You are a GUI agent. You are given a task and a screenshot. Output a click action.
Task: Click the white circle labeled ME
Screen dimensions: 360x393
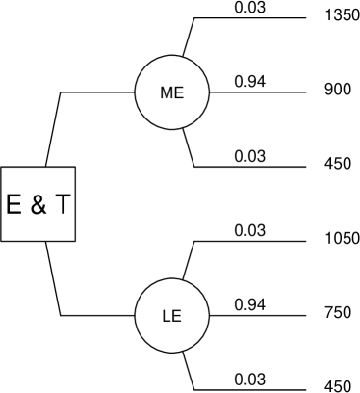[172, 92]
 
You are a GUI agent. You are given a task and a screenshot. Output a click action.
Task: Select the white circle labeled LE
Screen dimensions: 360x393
[172, 316]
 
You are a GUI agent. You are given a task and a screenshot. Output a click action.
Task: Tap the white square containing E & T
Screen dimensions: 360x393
[38, 204]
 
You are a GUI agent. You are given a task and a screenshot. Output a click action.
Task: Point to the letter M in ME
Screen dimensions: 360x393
[167, 93]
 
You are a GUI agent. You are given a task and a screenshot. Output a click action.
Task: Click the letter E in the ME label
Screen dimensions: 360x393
[178, 93]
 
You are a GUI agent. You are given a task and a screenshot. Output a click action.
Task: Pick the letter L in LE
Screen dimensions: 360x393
[167, 316]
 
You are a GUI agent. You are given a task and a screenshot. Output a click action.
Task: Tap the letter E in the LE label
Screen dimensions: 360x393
[176, 316]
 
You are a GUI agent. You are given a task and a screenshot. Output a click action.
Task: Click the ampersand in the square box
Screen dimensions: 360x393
[39, 204]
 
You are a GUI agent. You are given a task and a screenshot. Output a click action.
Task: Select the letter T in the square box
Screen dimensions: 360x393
[62, 204]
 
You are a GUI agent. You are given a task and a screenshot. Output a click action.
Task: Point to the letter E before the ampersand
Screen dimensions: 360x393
[14, 204]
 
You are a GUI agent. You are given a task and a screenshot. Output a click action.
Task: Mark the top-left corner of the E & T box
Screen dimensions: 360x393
[2, 169]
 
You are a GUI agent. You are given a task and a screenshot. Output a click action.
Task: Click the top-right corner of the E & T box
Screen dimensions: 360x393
[74, 169]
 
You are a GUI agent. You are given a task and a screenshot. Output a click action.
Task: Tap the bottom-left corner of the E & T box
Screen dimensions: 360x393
[2, 240]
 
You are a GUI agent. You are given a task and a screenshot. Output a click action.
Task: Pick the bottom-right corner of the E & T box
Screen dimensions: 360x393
[74, 240]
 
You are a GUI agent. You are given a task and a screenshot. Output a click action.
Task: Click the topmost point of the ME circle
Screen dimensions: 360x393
[172, 57]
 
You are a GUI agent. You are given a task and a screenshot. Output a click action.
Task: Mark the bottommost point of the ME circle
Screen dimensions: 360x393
[172, 128]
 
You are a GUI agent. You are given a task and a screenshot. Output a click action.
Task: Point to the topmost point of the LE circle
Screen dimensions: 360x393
[172, 280]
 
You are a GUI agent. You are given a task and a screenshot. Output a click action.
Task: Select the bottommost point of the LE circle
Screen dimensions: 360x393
[172, 352]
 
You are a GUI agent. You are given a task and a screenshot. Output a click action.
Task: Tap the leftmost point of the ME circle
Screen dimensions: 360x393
[137, 92]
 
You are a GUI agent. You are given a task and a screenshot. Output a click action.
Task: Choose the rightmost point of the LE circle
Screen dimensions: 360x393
[208, 316]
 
